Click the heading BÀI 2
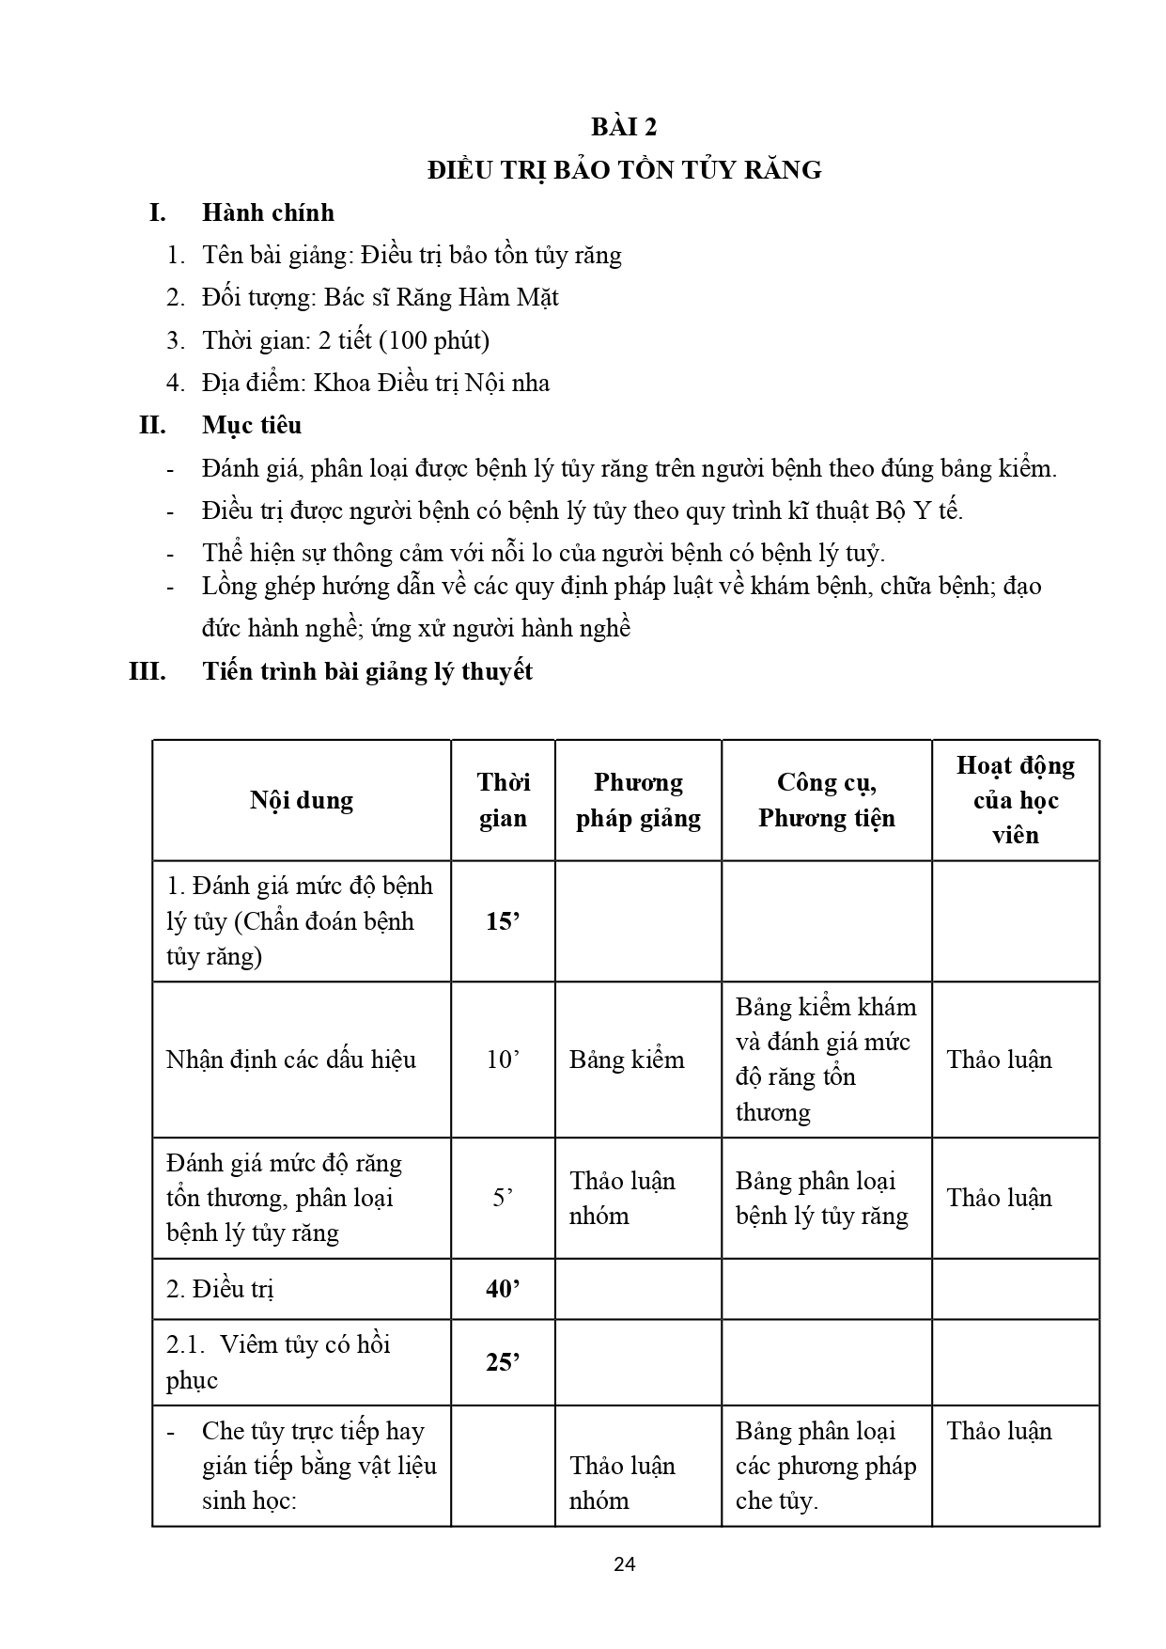point(624,127)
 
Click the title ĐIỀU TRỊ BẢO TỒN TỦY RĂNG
point(624,170)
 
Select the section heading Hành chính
point(268,212)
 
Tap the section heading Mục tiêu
point(252,425)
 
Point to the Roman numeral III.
point(148,671)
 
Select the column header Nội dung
point(302,800)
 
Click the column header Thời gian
point(503,800)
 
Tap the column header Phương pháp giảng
point(638,800)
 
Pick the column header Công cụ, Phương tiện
point(827,800)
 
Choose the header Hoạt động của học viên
point(1015,800)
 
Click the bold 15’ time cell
point(503,921)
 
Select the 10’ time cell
point(503,1060)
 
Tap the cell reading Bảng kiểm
point(627,1060)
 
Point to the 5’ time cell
point(503,1198)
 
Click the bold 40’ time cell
point(503,1289)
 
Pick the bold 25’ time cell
point(503,1362)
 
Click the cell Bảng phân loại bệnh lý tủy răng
point(822,1198)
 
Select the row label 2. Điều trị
point(220,1289)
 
